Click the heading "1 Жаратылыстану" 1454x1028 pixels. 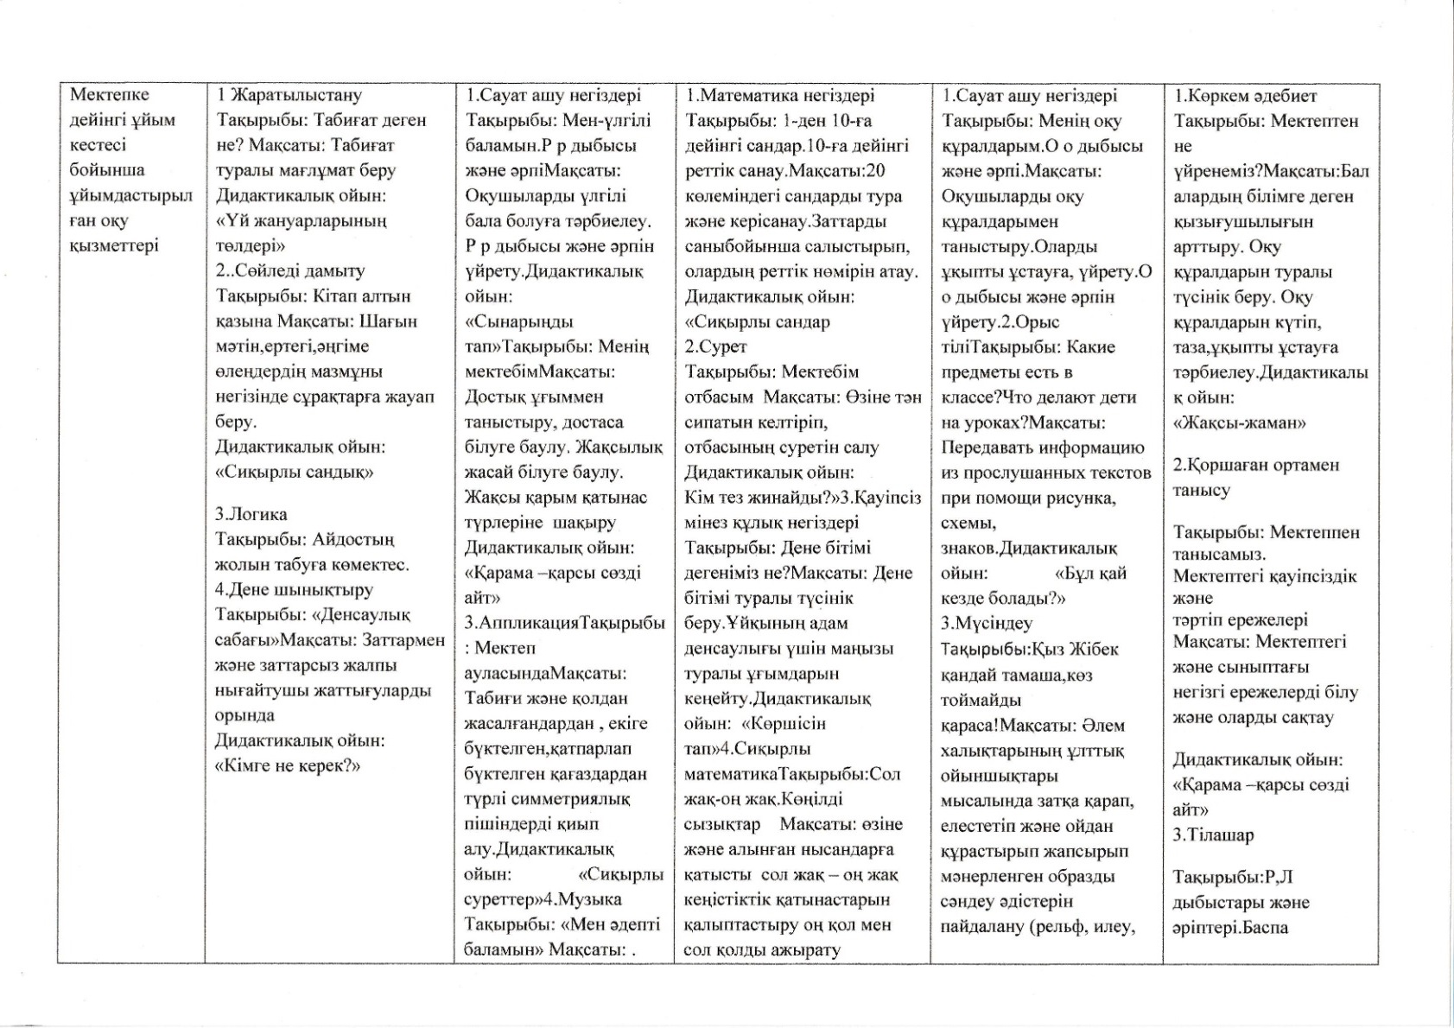(x=289, y=95)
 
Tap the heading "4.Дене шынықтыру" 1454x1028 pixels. (x=294, y=590)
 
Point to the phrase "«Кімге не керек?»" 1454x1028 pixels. (x=287, y=765)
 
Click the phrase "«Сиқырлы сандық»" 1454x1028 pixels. (x=294, y=472)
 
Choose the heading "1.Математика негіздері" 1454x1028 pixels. (x=779, y=95)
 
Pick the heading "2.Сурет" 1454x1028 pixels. (x=715, y=346)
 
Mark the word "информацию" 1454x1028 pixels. (x=1092, y=447)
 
